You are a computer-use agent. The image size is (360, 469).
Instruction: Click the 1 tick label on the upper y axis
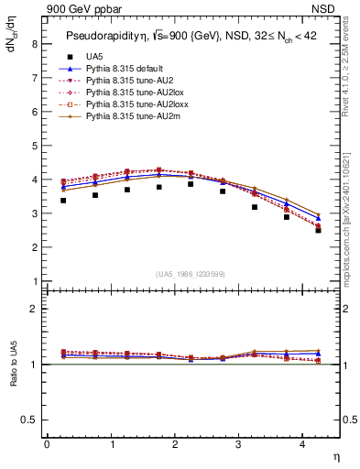[35, 281]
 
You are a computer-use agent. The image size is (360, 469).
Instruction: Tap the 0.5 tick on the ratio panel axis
[31, 420]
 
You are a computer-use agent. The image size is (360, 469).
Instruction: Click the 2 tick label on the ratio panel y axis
[35, 309]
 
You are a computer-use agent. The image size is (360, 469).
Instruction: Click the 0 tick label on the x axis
[47, 444]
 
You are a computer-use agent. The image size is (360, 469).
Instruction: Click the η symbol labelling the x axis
[335, 456]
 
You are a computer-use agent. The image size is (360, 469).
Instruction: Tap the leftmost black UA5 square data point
[62, 201]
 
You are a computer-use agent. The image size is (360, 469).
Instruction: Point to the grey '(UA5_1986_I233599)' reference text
[191, 274]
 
